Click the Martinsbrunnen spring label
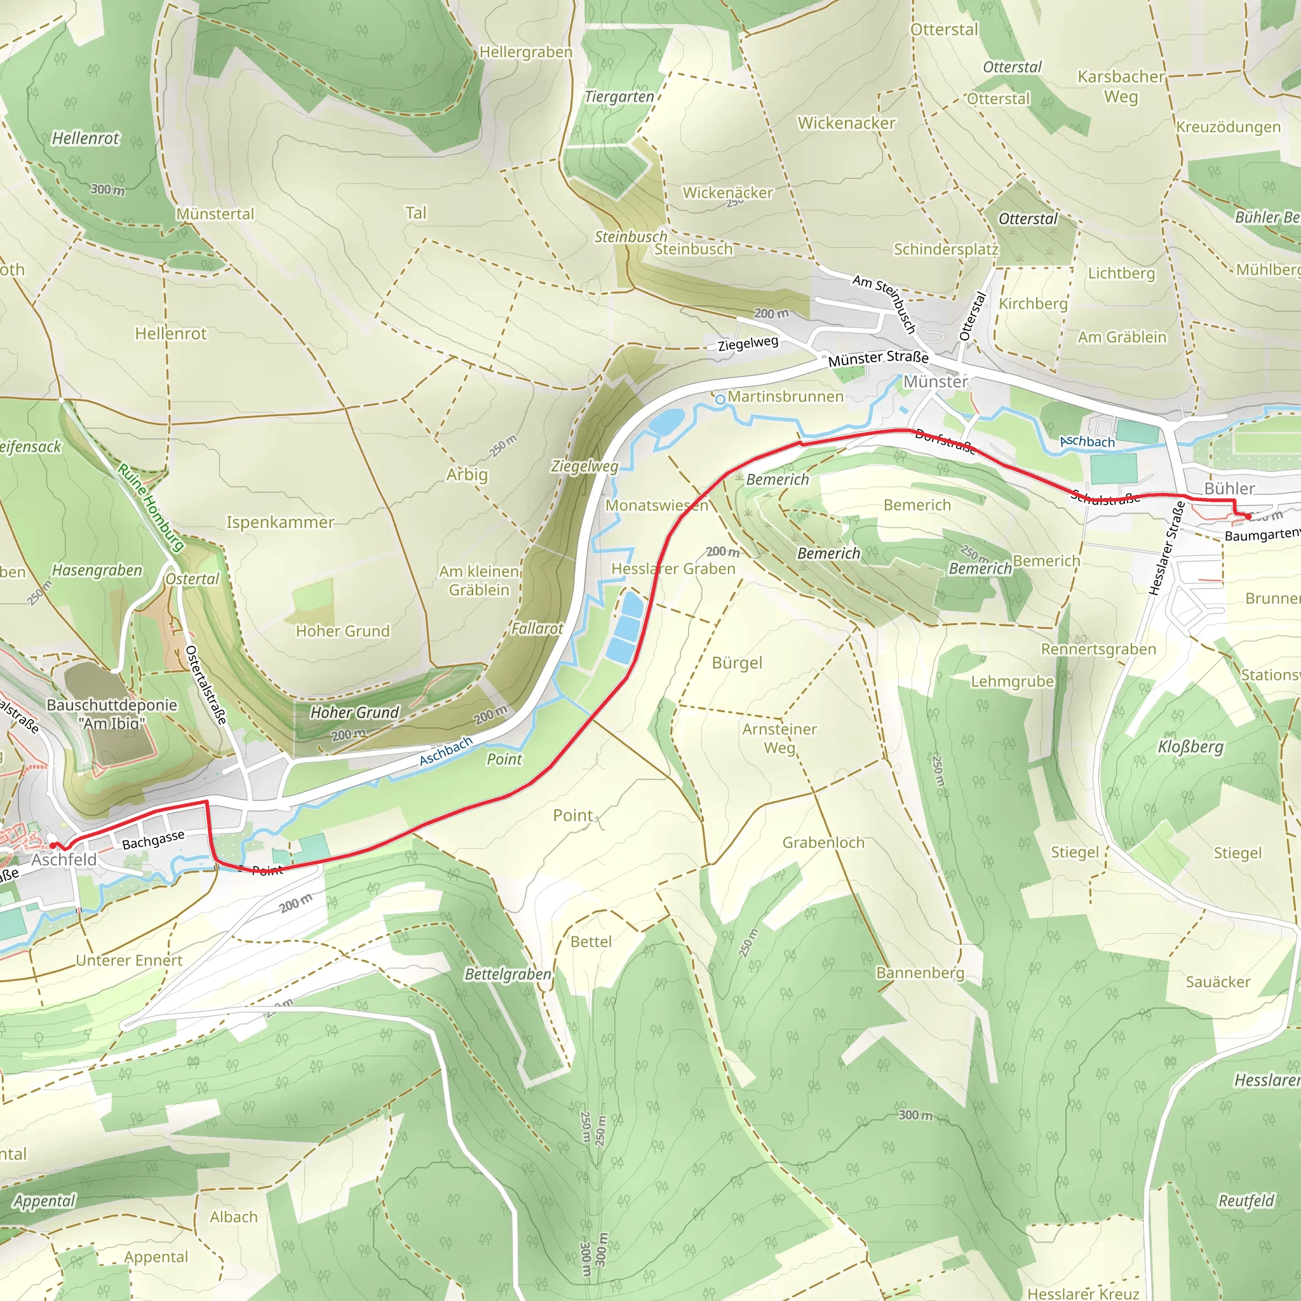(x=785, y=396)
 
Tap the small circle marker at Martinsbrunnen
(x=720, y=400)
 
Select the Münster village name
(x=934, y=382)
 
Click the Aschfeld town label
(x=64, y=860)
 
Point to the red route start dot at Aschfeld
(x=53, y=845)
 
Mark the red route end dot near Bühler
(x=1248, y=516)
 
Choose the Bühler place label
(x=1230, y=489)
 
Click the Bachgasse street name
(x=153, y=840)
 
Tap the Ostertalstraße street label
(x=205, y=685)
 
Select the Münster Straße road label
(x=878, y=358)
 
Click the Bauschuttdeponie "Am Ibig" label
(x=112, y=714)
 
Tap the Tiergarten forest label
(x=619, y=97)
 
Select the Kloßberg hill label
(x=1190, y=747)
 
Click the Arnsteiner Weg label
(x=779, y=738)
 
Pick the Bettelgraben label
(x=508, y=974)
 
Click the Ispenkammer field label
(x=280, y=523)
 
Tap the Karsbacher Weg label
(x=1121, y=87)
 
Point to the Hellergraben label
(x=526, y=53)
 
